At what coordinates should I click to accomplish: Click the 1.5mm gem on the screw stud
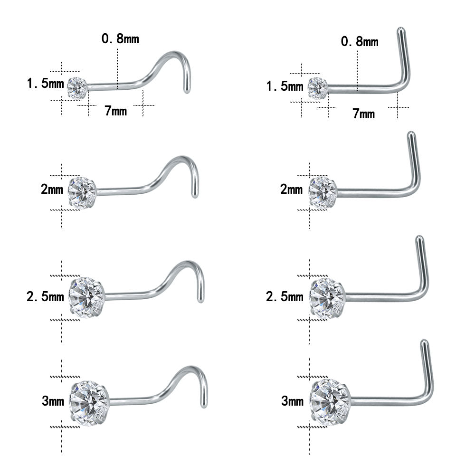click(x=77, y=88)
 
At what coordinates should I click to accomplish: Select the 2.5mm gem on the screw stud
click(x=86, y=297)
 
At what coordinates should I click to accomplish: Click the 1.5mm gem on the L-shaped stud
click(x=318, y=88)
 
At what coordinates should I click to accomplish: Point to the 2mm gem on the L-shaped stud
click(x=323, y=193)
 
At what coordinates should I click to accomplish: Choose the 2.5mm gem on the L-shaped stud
click(x=327, y=298)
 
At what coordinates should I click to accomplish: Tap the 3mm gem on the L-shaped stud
click(x=331, y=402)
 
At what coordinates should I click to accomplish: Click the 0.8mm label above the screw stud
click(x=120, y=38)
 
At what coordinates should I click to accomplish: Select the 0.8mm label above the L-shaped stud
click(x=360, y=41)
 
